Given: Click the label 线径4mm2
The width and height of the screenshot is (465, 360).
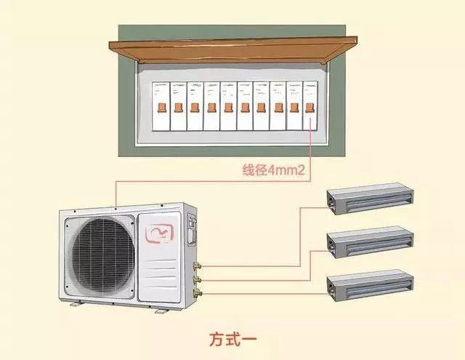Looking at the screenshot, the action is [273, 170].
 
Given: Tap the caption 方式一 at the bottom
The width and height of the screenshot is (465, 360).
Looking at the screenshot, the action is [233, 339].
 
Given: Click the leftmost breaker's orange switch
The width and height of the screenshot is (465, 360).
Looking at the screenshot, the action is [161, 108].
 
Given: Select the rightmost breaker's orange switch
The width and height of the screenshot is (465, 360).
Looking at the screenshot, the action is [310, 108].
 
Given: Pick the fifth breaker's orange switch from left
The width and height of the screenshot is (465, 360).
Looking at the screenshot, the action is [228, 108].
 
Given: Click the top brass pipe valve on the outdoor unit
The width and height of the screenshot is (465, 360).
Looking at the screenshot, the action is [197, 266].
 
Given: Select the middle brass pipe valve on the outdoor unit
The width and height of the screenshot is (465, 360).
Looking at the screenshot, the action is [197, 279].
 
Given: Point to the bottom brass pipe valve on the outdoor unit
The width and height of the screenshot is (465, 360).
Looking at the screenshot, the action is [197, 293].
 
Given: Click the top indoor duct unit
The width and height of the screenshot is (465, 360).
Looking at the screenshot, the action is [370, 198].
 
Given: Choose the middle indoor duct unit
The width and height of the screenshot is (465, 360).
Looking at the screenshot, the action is [370, 242].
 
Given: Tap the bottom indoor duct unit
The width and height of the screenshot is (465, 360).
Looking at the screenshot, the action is [370, 286].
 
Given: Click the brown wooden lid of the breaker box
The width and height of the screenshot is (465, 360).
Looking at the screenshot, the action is [233, 50].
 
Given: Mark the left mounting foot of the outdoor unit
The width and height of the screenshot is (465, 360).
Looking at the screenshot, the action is [76, 304].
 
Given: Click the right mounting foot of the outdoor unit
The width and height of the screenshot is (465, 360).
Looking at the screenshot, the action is [161, 311].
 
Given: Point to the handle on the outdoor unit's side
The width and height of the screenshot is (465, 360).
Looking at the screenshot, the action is [191, 228].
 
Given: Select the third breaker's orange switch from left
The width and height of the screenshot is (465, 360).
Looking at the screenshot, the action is [195, 108].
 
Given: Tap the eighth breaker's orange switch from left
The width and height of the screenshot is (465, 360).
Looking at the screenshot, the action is [278, 108].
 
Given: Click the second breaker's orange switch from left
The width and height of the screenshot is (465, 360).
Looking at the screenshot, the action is [178, 108].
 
